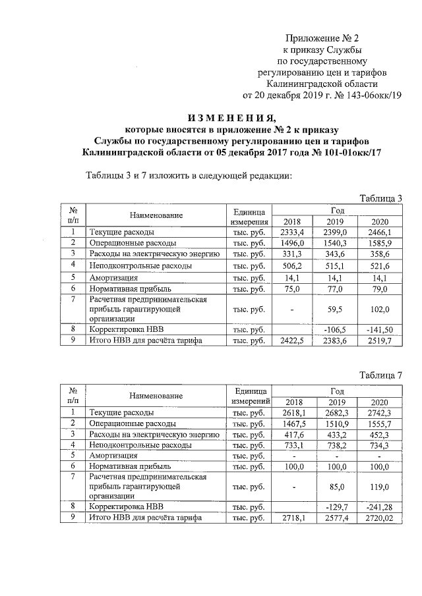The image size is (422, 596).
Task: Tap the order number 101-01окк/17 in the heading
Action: click(x=350, y=153)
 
